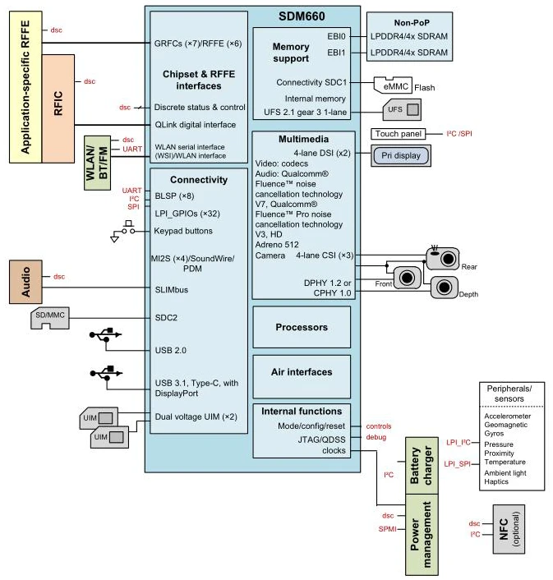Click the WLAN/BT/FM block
point(97,163)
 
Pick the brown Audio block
point(25,283)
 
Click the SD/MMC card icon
point(51,318)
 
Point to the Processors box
point(301,327)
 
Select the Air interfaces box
point(301,371)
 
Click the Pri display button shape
point(400,154)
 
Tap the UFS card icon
point(403,108)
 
